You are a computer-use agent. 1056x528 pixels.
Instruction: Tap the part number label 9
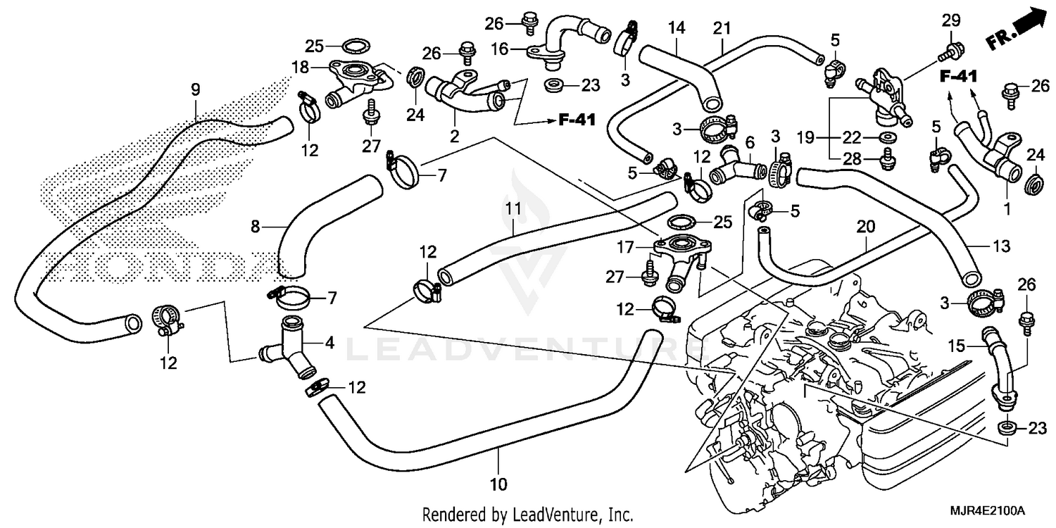[x=195, y=89]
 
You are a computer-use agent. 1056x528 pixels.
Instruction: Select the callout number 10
[x=498, y=484]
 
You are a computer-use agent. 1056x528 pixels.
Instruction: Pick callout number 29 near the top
[x=951, y=22]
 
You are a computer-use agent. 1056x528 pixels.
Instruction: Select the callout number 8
[x=256, y=227]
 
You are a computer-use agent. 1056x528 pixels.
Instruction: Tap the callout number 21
[x=722, y=29]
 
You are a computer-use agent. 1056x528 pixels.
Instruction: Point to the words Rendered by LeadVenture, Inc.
[x=527, y=514]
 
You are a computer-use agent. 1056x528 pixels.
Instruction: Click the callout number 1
[x=1007, y=209]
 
